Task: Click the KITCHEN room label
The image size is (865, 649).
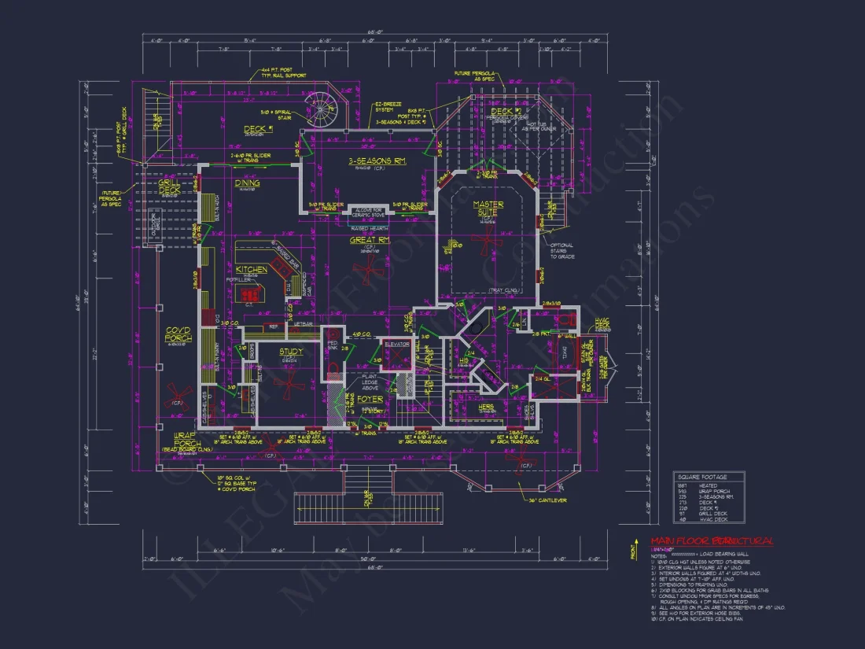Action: click(x=251, y=269)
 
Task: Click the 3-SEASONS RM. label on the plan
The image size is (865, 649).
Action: click(x=377, y=161)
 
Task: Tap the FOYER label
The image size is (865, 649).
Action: click(x=370, y=399)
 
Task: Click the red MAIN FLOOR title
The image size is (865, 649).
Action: click(x=712, y=541)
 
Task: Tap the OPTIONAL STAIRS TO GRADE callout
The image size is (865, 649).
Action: click(x=562, y=251)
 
